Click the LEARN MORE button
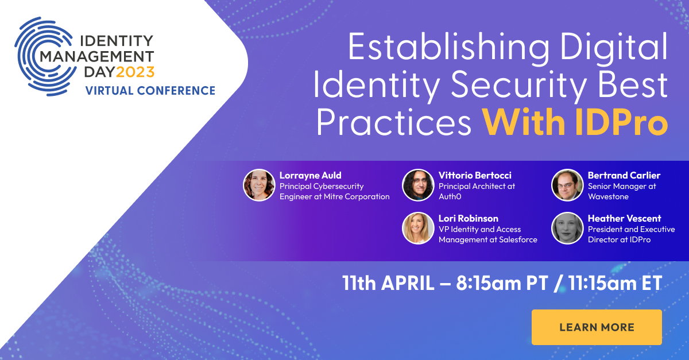(x=597, y=327)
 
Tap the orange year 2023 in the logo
(x=136, y=72)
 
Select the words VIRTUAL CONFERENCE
(x=150, y=91)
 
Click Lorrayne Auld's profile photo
(x=259, y=185)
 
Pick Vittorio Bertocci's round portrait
(x=418, y=185)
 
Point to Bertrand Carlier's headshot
(x=567, y=185)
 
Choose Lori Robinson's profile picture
(x=418, y=228)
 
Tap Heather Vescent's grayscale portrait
(x=567, y=228)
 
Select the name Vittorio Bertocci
(x=475, y=175)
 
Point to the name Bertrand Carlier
(x=624, y=175)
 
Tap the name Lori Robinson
(x=469, y=218)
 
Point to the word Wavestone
(x=608, y=196)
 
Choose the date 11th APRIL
(x=388, y=284)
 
